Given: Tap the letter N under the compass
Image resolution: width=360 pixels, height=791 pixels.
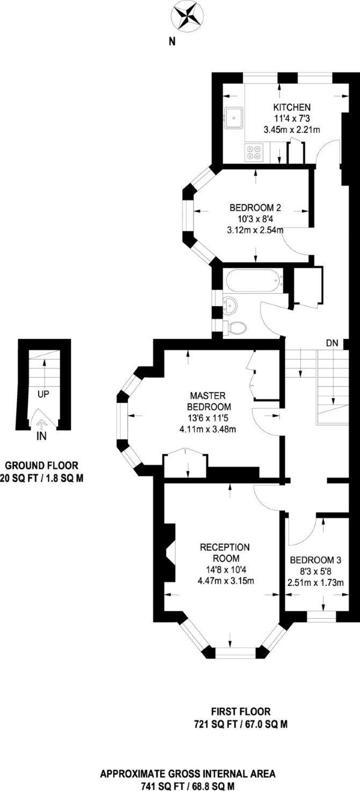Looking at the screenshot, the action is tap(172, 42).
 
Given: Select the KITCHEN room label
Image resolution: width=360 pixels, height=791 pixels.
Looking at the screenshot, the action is tap(292, 107).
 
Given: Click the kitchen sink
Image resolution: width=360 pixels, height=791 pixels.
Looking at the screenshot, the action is tap(234, 118).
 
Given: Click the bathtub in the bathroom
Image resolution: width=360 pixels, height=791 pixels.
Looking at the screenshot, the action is tap(254, 281).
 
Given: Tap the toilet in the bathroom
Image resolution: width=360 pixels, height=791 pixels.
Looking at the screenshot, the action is tap(235, 328).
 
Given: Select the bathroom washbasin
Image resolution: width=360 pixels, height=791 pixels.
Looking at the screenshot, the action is tap(229, 304).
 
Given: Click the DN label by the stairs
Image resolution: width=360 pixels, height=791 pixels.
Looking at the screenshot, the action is tap(332, 343).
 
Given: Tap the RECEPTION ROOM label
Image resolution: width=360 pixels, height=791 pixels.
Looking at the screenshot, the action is tap(225, 553).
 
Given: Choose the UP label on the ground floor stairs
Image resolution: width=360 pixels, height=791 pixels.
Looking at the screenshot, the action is tap(44, 394).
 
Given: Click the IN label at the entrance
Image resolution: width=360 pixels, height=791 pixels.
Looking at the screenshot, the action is tap(42, 437).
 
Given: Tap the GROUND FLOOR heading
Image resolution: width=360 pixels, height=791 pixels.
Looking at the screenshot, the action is tap(42, 466).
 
